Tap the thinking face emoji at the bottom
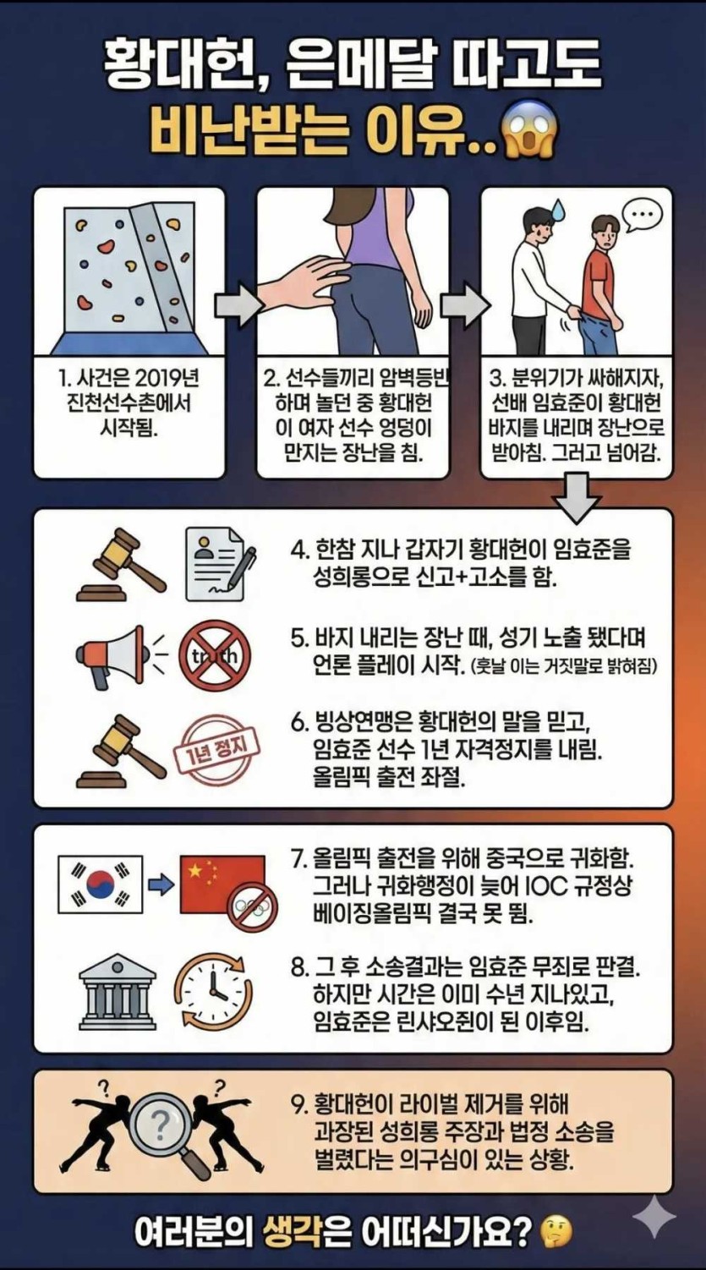(x=555, y=1232)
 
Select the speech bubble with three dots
(x=642, y=216)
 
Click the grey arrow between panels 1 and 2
(x=238, y=305)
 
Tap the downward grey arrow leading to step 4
(x=577, y=500)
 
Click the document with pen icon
(x=219, y=563)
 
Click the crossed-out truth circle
(x=215, y=655)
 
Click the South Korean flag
(x=101, y=884)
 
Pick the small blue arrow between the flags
(x=161, y=885)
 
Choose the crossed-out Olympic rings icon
(x=252, y=907)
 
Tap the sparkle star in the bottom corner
(x=654, y=1216)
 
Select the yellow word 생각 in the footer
(x=293, y=1232)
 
